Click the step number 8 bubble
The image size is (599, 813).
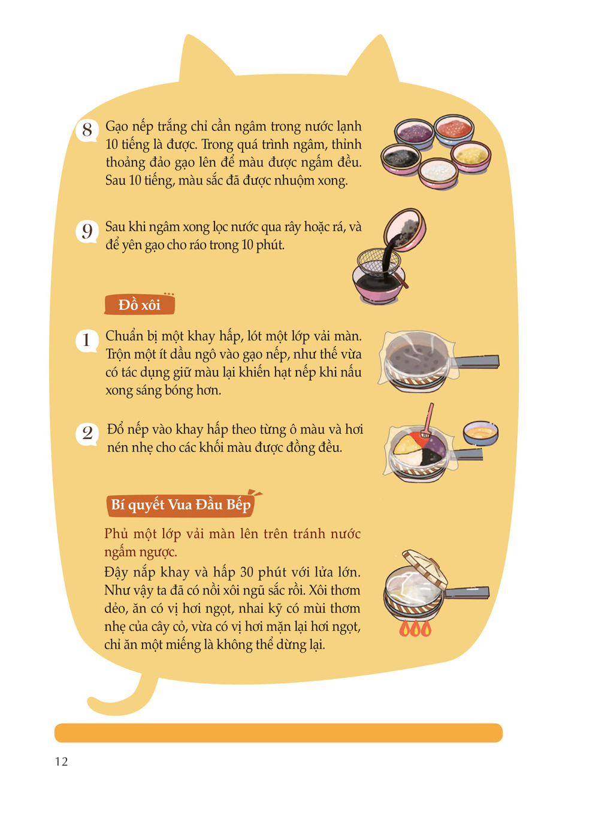tap(87, 131)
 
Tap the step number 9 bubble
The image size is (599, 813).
tap(87, 232)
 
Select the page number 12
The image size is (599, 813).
tap(61, 761)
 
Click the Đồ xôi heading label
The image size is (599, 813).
tap(140, 305)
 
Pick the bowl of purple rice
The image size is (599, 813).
tap(414, 134)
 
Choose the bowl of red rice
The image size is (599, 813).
tap(454, 129)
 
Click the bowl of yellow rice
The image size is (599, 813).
tap(471, 156)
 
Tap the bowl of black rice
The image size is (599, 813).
tap(401, 159)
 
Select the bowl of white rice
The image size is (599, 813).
tap(438, 173)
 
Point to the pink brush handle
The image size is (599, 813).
tap(429, 417)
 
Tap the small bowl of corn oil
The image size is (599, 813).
tap(480, 432)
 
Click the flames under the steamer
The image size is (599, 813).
tap(415, 628)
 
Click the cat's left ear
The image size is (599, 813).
tap(204, 58)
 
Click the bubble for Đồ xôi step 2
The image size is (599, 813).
tap(87, 433)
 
